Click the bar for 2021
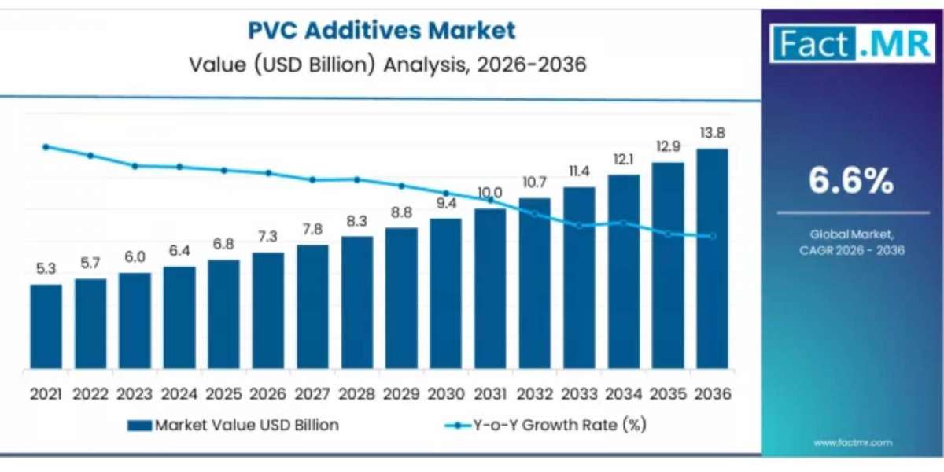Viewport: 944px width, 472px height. tap(46, 326)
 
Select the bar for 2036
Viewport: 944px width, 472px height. tap(712, 260)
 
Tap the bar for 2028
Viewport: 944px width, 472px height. tap(356, 303)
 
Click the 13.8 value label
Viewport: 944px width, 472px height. tap(712, 133)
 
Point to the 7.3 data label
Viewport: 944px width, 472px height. tap(267, 237)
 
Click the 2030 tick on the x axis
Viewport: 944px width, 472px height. tap(445, 393)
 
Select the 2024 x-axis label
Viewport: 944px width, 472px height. tap(179, 393)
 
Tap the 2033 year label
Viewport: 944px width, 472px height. tap(578, 393)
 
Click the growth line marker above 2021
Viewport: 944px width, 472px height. tap(46, 147)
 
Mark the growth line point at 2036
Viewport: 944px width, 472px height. tap(713, 236)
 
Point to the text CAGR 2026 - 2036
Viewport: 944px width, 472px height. tap(852, 250)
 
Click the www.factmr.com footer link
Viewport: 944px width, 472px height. tap(852, 443)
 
